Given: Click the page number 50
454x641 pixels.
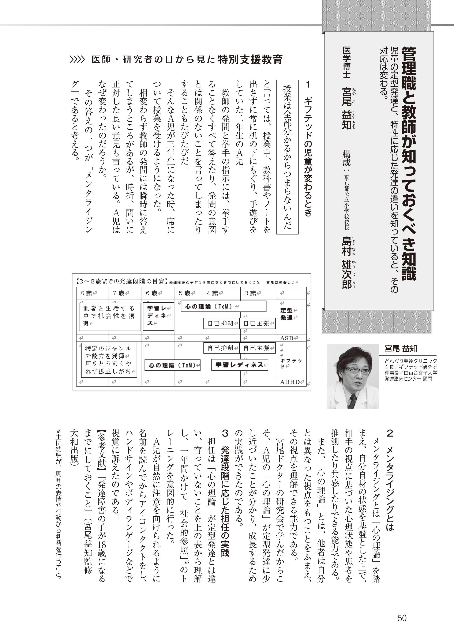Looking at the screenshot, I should click(x=402, y=617).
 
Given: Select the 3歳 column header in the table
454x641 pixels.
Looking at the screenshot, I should click(x=250, y=293).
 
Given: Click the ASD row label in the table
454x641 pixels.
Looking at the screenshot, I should click(x=287, y=338).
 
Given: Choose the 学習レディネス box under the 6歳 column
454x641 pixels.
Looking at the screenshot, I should click(x=158, y=316).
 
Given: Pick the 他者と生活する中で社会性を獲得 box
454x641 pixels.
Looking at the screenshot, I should click(x=109, y=316).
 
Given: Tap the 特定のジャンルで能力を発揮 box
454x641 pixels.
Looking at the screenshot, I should click(x=109, y=360).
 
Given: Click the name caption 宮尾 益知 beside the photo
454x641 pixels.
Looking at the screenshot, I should click(x=401, y=349).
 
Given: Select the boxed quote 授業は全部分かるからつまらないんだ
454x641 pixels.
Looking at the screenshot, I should click(x=287, y=157).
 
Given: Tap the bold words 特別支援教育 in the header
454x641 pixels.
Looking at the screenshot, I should click(x=250, y=60).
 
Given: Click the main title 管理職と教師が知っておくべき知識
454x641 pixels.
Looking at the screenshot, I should click(x=409, y=163).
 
